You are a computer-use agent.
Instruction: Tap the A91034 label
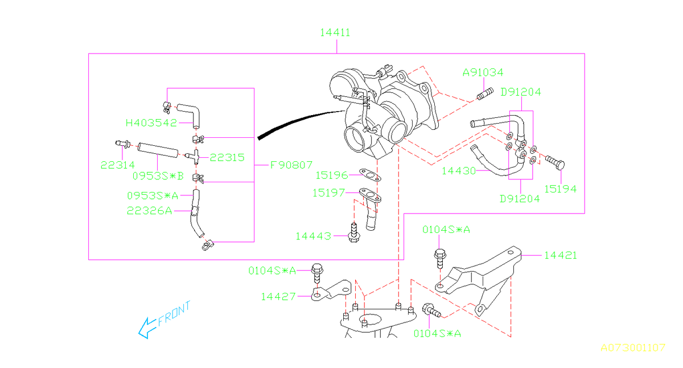point(483,73)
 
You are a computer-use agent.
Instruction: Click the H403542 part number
point(151,122)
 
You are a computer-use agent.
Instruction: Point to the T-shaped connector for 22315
point(194,156)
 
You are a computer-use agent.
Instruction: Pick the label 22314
point(117,165)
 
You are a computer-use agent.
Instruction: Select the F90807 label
point(291,166)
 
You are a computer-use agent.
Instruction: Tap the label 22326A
point(149,210)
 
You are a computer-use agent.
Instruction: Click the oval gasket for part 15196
point(370,174)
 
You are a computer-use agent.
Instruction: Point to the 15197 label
point(328,193)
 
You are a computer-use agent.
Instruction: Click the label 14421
point(560,255)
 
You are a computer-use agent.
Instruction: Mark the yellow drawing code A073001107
point(632,347)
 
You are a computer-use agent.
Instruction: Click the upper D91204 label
point(520,92)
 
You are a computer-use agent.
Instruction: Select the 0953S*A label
point(152,195)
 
